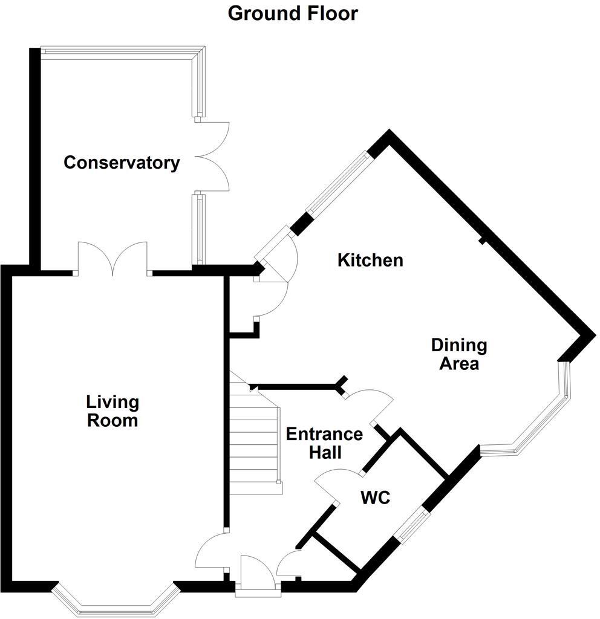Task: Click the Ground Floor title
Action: tap(293, 13)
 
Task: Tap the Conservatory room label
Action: tap(122, 163)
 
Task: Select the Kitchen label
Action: tap(370, 261)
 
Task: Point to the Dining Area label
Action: tap(458, 355)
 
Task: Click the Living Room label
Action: tap(112, 411)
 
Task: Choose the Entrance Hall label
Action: tap(324, 443)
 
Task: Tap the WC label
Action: tap(375, 499)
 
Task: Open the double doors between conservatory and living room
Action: tap(112, 259)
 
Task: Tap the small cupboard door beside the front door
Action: tap(289, 563)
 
